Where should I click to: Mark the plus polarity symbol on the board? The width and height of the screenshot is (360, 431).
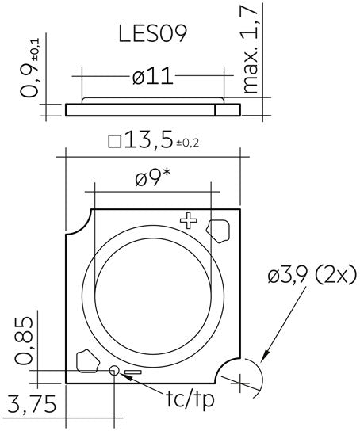tap(188, 221)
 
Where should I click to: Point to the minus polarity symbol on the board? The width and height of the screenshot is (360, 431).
tap(132, 372)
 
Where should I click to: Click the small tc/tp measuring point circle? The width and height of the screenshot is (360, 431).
tap(113, 370)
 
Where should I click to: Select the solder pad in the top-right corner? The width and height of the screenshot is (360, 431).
tap(217, 231)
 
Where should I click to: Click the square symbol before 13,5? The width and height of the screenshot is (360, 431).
tap(114, 143)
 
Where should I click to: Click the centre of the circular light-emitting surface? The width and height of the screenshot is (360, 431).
tap(152, 292)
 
